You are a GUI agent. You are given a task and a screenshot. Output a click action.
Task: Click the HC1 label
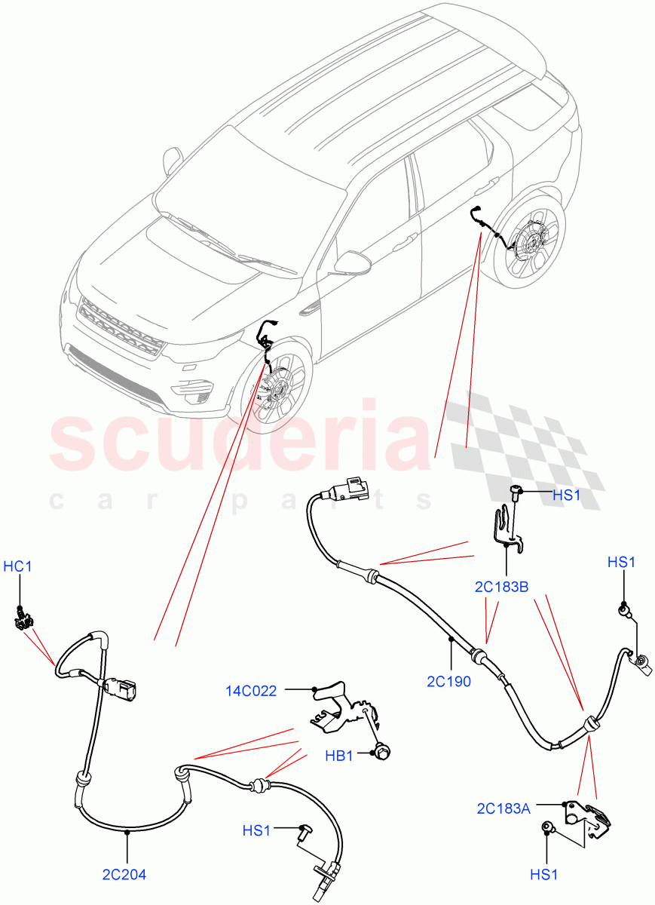pos(19,566)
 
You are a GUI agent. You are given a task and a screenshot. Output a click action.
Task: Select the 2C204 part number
pos(125,875)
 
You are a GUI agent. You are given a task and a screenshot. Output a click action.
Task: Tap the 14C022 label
pos(251,689)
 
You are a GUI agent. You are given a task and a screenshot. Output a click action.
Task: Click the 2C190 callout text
pos(450,682)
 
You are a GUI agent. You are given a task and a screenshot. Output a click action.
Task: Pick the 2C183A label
pos(503,808)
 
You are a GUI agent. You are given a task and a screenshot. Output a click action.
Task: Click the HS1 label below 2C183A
pos(543,875)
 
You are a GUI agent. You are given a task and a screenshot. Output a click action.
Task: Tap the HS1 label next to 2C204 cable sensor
pos(256,830)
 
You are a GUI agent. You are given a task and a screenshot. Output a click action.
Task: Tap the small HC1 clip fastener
pos(21,620)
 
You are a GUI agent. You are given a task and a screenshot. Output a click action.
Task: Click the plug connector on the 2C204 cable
pos(121,687)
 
